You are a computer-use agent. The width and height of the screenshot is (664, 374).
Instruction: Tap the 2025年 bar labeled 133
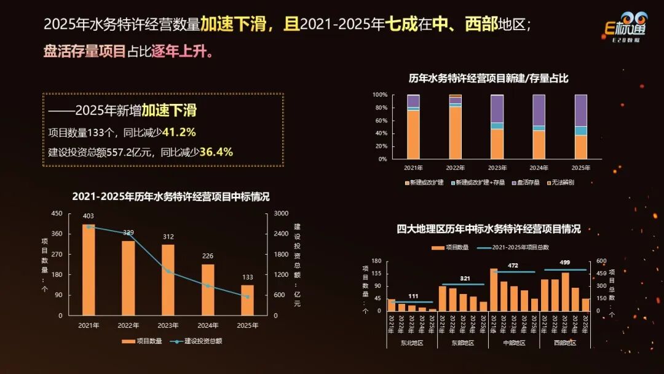(247, 300)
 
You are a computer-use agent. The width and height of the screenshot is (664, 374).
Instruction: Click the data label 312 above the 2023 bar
(168, 236)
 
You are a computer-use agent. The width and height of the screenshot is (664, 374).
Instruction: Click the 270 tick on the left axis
(57, 254)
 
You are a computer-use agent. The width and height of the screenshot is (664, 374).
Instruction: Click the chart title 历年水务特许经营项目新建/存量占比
(489, 78)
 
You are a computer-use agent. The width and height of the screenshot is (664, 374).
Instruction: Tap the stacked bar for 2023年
(497, 127)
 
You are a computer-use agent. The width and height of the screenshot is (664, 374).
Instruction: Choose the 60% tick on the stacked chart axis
(379, 121)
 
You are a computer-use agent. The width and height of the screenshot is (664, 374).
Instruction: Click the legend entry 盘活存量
(526, 183)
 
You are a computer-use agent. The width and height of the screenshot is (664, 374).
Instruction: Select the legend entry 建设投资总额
(203, 341)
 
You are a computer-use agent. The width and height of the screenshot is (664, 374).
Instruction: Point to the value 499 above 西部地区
(565, 263)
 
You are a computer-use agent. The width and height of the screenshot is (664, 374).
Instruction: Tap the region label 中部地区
(513, 343)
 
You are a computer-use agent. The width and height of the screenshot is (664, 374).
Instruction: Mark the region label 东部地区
(463, 343)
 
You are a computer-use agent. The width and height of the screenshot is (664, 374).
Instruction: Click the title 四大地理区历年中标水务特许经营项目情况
(489, 229)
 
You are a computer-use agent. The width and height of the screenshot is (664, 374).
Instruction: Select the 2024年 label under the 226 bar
(208, 325)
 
